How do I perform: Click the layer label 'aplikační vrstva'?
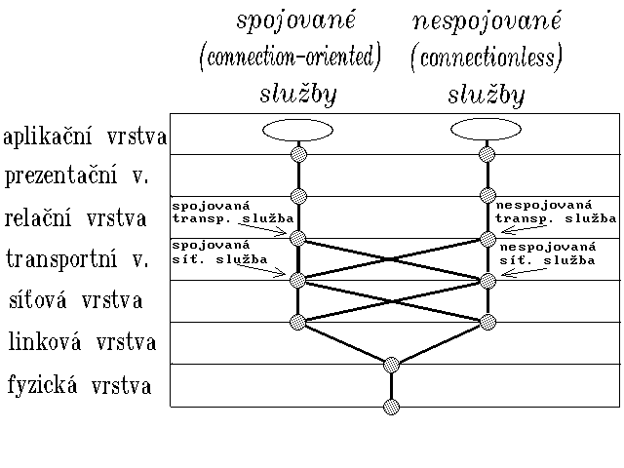click(86, 137)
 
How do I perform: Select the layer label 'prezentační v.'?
click(76, 178)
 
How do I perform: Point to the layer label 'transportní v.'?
click(77, 259)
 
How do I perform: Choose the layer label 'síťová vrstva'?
click(74, 300)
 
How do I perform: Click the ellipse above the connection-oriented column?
click(299, 130)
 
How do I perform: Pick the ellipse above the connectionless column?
click(487, 130)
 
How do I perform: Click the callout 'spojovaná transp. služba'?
click(213, 212)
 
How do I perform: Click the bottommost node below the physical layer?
click(392, 407)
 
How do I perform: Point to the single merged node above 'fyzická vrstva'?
click(392, 365)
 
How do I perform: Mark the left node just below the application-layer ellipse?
click(299, 154)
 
